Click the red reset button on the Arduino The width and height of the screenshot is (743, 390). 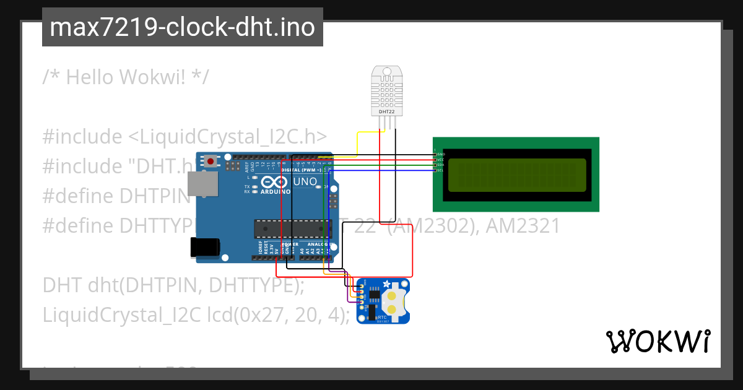pyautogui.click(x=211, y=162)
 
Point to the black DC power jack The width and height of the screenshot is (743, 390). pyautogui.click(x=204, y=247)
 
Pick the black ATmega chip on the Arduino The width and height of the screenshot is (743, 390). pyautogui.click(x=289, y=229)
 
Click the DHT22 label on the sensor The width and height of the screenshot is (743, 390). pyautogui.click(x=386, y=112)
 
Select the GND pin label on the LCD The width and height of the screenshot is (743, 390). pyautogui.click(x=441, y=154)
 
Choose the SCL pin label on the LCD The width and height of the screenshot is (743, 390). pyautogui.click(x=441, y=170)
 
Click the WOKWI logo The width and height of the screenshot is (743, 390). pyautogui.click(x=658, y=341)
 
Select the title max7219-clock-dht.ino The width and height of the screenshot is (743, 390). pyautogui.click(x=182, y=28)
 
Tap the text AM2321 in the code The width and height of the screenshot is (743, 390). pyautogui.click(x=523, y=226)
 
